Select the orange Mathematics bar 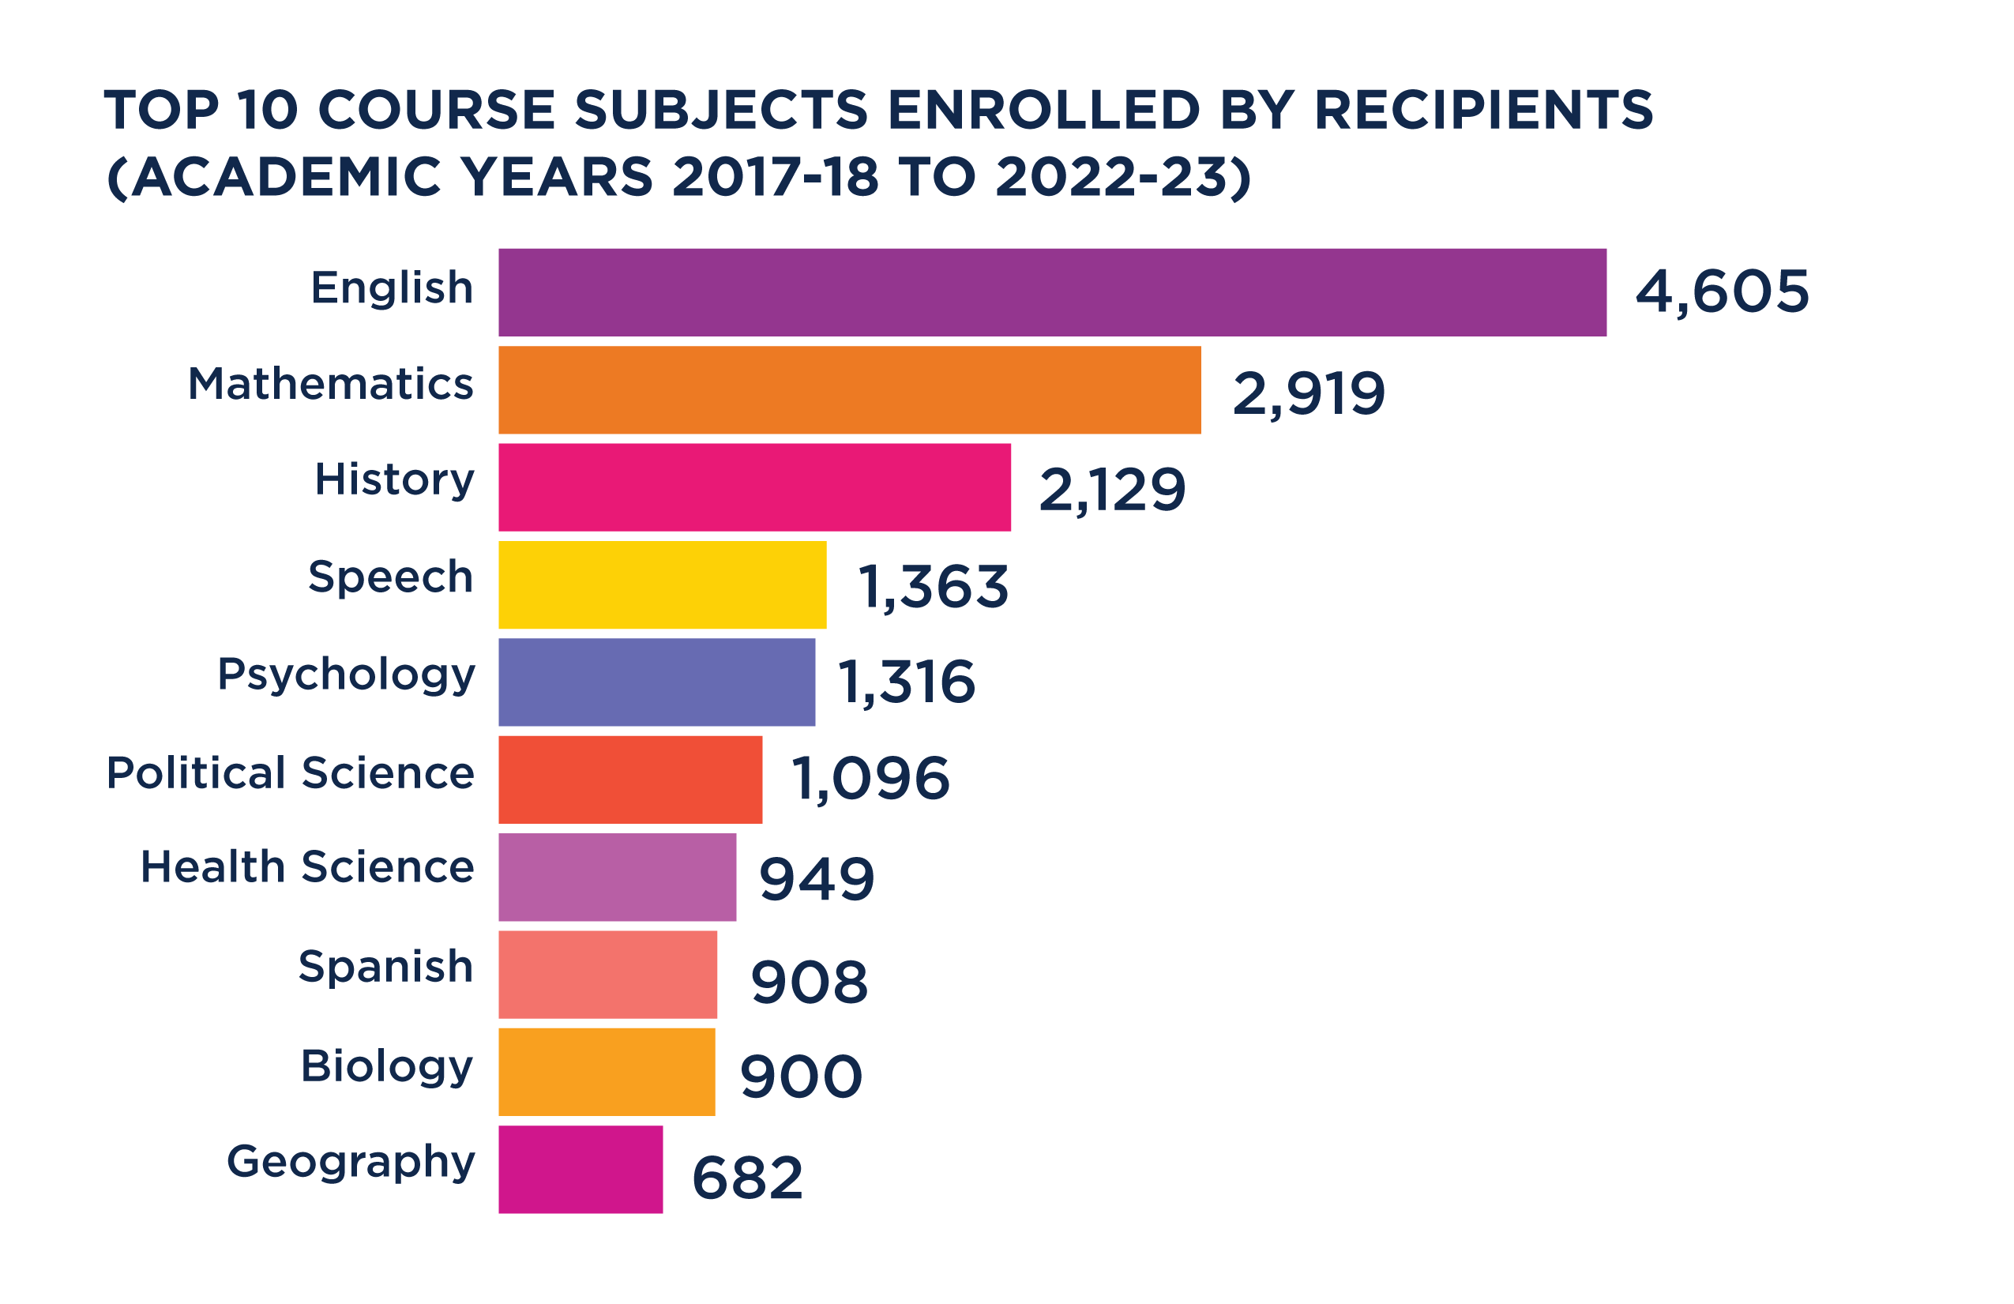[849, 390]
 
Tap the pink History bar [754, 487]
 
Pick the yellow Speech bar [662, 584]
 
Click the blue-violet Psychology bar [656, 682]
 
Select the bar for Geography [580, 1170]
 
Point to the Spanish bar [607, 975]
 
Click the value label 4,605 [1721, 293]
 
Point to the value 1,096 [870, 779]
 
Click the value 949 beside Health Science [817, 879]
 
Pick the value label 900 [801, 1077]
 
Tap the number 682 [746, 1178]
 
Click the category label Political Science [291, 773]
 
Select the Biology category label [387, 1066]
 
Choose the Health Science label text [307, 867]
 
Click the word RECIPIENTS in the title [1483, 110]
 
